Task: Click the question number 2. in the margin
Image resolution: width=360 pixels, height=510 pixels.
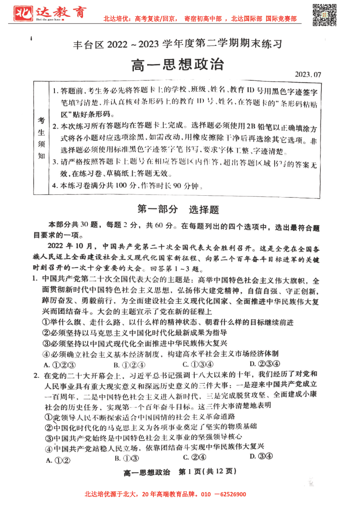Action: tap(36, 375)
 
